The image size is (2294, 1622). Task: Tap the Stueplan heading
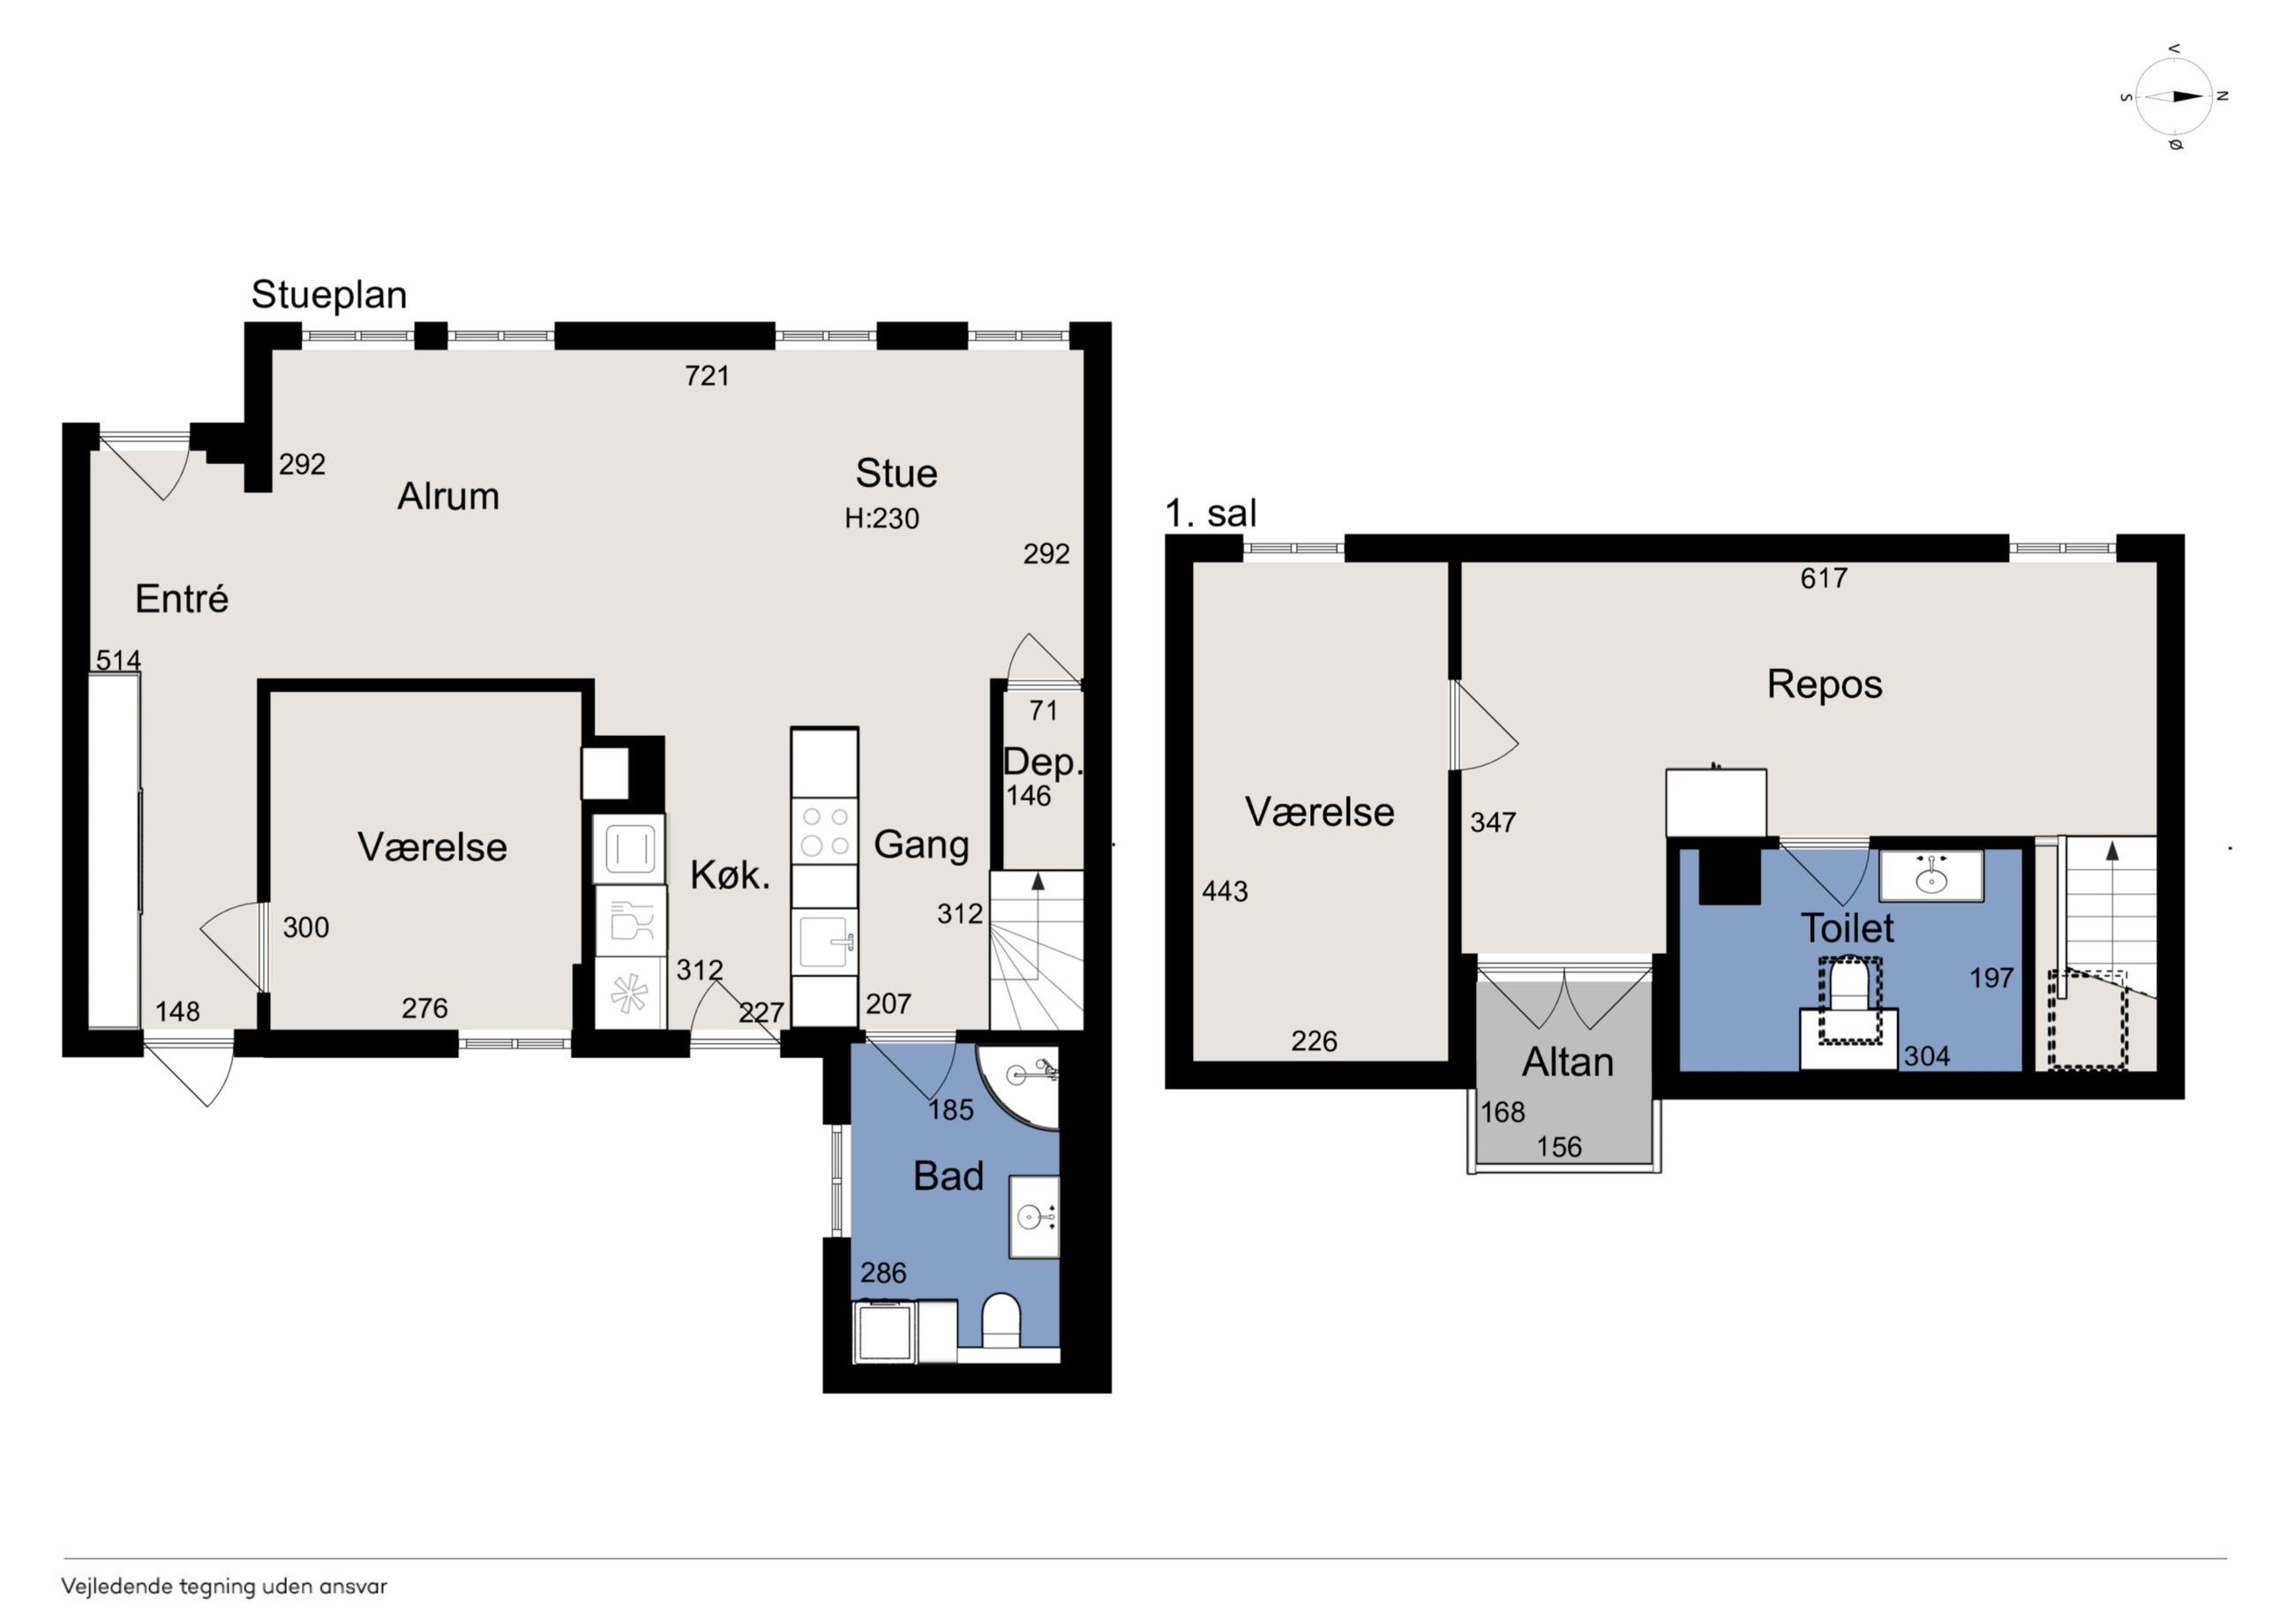coord(329,295)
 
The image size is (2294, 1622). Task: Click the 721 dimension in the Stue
coord(707,376)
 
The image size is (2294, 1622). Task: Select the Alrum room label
coord(447,496)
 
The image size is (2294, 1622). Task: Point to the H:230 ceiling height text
coord(881,518)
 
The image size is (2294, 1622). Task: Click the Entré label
coord(182,598)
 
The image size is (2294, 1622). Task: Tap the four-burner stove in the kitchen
coord(824,830)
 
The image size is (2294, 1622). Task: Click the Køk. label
coord(731,875)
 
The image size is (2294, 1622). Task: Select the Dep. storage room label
coord(1042,762)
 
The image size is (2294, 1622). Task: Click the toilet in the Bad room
coord(1001,1321)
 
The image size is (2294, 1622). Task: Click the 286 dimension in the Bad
coord(883,1273)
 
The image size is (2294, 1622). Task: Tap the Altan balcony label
coord(1568,1063)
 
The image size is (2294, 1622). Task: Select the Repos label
coord(1825,685)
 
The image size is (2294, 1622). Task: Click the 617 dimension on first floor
coord(1824,578)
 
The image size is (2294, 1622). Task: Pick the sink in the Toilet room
coord(1931,876)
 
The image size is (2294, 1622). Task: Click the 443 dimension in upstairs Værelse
coord(1225,890)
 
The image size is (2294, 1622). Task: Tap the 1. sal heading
coord(1211,514)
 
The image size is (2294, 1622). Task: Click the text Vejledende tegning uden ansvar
coord(224,1586)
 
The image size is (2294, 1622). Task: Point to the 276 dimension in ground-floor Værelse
coord(424,1008)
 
